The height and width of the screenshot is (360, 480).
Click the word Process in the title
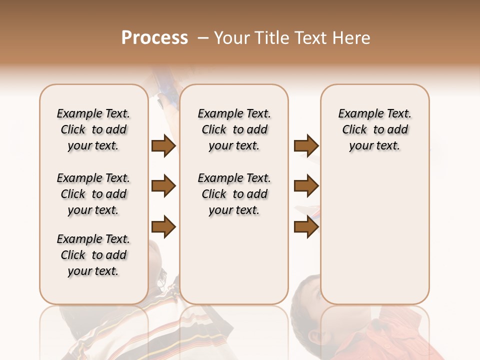click(x=154, y=38)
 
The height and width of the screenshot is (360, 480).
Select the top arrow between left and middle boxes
click(x=163, y=146)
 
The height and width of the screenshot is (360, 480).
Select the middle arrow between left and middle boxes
click(x=163, y=186)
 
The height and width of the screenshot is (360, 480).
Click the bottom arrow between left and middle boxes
click(x=163, y=227)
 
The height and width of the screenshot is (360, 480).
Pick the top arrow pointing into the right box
click(x=306, y=146)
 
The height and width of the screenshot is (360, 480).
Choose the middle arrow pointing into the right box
click(x=306, y=186)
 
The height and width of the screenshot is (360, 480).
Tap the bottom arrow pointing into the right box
click(x=306, y=227)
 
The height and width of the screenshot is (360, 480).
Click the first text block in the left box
click(x=93, y=129)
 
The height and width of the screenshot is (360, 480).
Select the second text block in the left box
click(x=93, y=194)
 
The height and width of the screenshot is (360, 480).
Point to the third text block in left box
click(x=93, y=255)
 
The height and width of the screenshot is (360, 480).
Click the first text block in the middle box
click(x=234, y=129)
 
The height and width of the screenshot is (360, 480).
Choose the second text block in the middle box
click(x=234, y=194)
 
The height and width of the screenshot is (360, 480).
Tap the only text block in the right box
click(x=375, y=129)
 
